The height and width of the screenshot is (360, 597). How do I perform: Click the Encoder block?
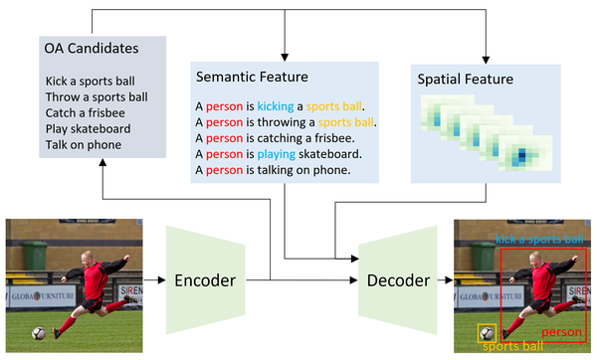point(205,280)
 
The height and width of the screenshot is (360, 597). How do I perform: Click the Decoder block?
point(398,280)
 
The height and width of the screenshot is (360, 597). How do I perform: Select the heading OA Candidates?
point(92,49)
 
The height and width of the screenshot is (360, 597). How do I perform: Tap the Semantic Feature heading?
point(252,77)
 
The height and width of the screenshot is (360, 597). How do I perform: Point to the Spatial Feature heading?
point(466,80)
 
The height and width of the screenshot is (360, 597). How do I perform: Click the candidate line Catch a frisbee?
point(86,113)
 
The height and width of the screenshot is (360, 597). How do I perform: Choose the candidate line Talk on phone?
point(84,145)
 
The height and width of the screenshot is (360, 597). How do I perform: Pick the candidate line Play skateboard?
point(88,129)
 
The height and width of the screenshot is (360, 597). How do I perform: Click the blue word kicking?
point(276,106)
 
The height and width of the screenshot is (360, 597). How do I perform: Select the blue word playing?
point(276,154)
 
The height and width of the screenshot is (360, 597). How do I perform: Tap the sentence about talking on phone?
point(273,170)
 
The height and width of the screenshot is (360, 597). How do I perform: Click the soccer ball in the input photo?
point(39,333)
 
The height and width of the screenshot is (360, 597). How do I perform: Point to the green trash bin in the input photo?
point(35,256)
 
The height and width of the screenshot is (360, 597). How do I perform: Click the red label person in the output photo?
point(561,332)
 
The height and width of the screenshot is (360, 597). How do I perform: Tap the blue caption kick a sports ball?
point(539,239)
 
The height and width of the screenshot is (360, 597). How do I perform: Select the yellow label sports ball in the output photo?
point(512,346)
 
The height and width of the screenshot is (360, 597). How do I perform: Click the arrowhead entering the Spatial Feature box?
point(486,60)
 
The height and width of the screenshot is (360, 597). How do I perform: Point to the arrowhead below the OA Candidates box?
point(102,162)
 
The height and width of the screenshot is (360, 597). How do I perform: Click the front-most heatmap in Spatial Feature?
point(525,153)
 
